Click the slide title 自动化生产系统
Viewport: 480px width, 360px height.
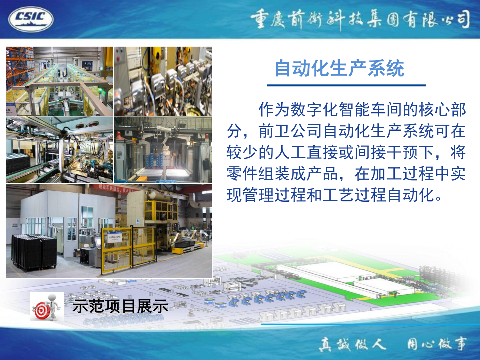click(x=339, y=68)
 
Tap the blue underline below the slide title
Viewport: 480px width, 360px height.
click(x=346, y=86)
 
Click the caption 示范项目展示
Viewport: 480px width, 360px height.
click(x=120, y=306)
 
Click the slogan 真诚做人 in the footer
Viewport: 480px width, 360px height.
click(x=352, y=344)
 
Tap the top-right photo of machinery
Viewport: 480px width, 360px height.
click(x=163, y=81)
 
